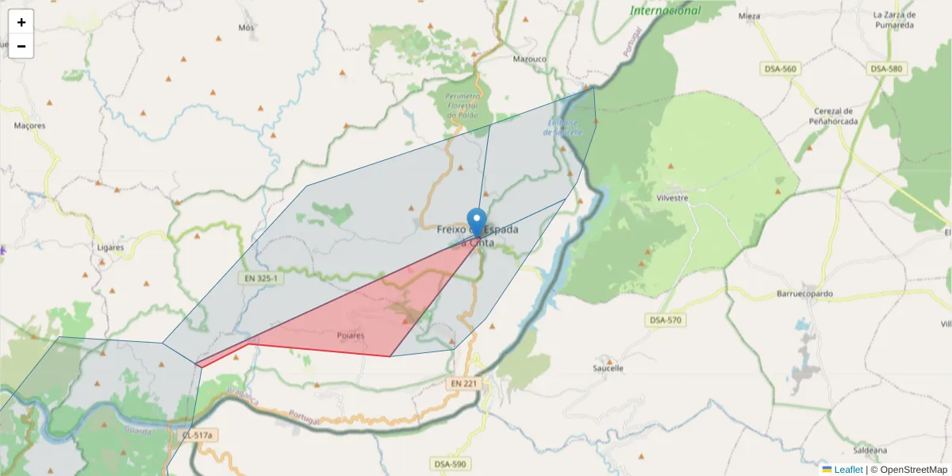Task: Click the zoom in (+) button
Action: (x=21, y=22)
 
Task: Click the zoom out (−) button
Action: (x=21, y=46)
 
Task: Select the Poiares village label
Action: (x=350, y=336)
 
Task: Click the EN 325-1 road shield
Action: (x=260, y=278)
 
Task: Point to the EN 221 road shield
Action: (x=466, y=383)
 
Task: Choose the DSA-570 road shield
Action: (x=665, y=320)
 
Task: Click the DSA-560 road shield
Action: (x=780, y=69)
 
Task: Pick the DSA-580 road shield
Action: (x=886, y=69)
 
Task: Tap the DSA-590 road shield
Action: (x=450, y=463)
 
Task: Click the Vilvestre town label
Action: (x=672, y=198)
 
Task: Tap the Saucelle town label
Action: (x=608, y=368)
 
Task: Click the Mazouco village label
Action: (x=530, y=59)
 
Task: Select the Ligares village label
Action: (x=110, y=248)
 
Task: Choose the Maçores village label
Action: (x=30, y=125)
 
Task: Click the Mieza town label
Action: (x=749, y=16)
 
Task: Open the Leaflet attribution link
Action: (x=848, y=470)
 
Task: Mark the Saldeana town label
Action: (x=870, y=450)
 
